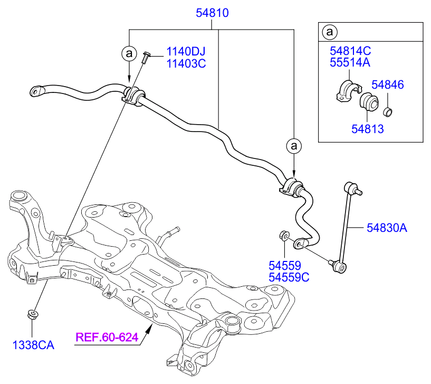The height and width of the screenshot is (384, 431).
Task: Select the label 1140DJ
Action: [185, 52]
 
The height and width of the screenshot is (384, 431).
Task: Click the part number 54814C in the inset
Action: [350, 51]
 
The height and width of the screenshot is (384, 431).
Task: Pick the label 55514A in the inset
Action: [350, 63]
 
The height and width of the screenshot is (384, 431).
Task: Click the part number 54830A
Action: [387, 228]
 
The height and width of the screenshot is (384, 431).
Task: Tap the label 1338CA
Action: [33, 345]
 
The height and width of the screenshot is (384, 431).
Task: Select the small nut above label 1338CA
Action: [33, 315]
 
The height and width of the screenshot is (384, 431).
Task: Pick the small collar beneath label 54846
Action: [387, 111]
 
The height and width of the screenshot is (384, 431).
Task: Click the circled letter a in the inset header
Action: [329, 32]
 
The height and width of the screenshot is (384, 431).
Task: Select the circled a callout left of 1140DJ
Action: [129, 53]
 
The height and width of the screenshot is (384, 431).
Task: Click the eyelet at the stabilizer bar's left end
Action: [35, 91]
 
